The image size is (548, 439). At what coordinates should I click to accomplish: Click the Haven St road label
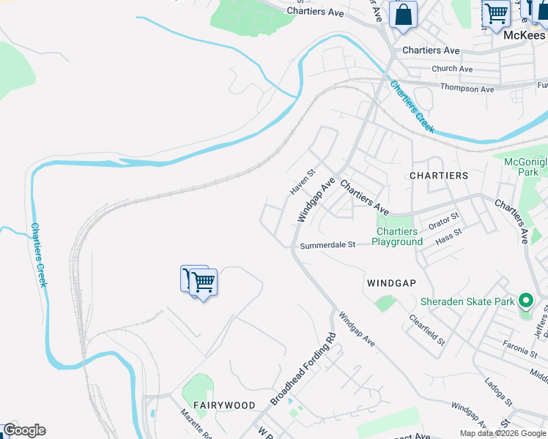pos(301,182)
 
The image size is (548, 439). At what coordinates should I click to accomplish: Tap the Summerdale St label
pos(327,245)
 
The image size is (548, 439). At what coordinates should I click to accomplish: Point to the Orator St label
pos(444,219)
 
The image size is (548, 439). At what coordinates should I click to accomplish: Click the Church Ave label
pos(452,69)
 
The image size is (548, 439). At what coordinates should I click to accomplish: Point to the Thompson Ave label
pos(467,89)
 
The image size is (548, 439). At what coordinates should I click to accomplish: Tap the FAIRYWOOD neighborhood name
pos(224,405)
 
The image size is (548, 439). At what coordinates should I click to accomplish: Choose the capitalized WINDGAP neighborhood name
pos(391,282)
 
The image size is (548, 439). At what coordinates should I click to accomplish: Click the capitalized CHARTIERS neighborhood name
pos(439,176)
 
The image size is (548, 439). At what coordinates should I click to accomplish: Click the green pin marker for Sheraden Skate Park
pos(525,301)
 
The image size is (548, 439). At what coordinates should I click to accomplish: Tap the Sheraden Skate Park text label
pos(467,301)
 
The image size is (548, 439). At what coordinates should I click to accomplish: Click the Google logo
pos(23,430)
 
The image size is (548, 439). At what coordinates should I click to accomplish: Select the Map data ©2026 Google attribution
pos(503,433)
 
